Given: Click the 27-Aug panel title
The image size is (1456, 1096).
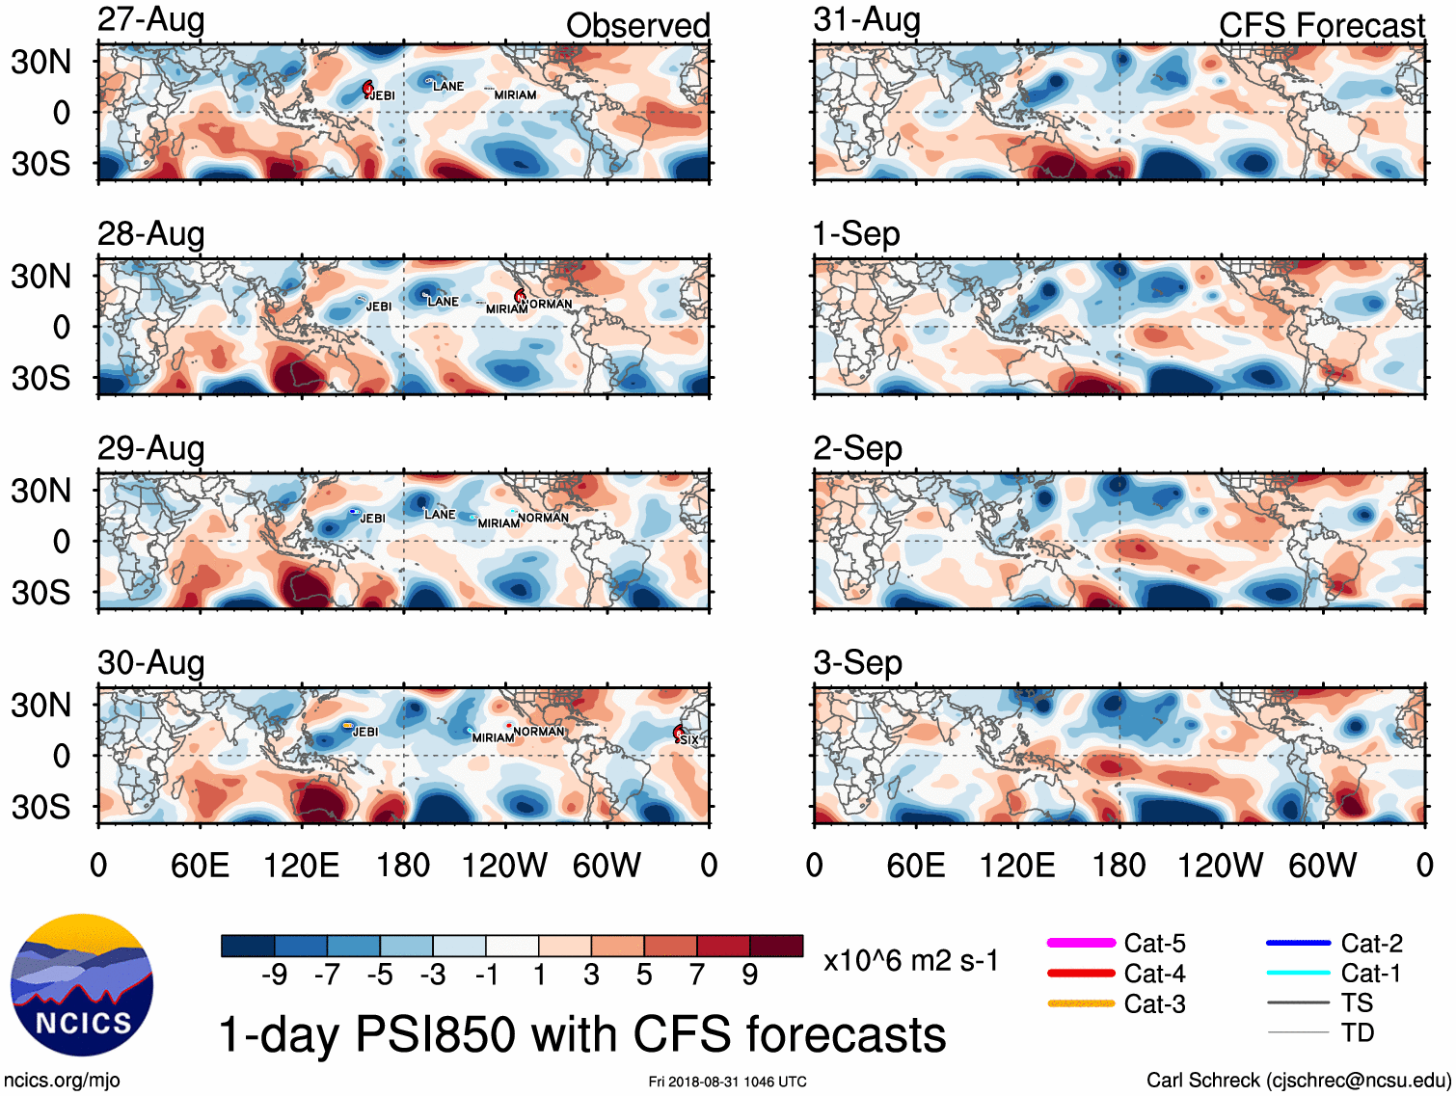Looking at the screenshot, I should point(151,19).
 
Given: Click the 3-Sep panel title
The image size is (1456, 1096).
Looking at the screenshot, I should point(858,662).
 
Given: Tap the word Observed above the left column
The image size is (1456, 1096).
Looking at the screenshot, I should point(637,25).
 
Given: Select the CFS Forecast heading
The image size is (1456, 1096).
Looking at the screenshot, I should point(1321,25).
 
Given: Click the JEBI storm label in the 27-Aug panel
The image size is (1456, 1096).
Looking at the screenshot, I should point(383,95).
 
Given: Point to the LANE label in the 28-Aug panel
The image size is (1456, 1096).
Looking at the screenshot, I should point(443,302).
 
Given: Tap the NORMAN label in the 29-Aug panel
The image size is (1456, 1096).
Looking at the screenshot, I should point(543,518).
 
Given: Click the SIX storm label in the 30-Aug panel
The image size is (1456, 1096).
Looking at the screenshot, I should point(688,739).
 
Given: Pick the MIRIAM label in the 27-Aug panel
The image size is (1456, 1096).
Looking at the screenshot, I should point(515,95).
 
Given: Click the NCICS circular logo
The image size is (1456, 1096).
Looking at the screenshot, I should point(82,984).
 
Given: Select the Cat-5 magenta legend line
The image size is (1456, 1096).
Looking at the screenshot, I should point(1081,943).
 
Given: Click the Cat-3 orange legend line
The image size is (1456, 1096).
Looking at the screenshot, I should point(1081,1003).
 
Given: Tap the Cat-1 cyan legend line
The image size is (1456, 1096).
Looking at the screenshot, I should point(1298,973).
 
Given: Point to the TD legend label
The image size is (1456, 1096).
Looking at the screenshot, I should point(1357,1032).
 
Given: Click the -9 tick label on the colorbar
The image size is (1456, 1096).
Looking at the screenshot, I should point(275,976).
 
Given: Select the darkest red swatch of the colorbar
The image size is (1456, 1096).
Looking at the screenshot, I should point(776,946).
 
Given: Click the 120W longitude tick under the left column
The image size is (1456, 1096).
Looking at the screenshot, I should point(504,865).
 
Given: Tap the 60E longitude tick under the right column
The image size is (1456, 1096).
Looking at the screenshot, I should point(915,865).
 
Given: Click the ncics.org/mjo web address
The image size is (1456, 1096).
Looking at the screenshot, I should point(63,1081).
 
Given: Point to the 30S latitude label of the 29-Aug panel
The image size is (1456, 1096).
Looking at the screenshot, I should point(40,592).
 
